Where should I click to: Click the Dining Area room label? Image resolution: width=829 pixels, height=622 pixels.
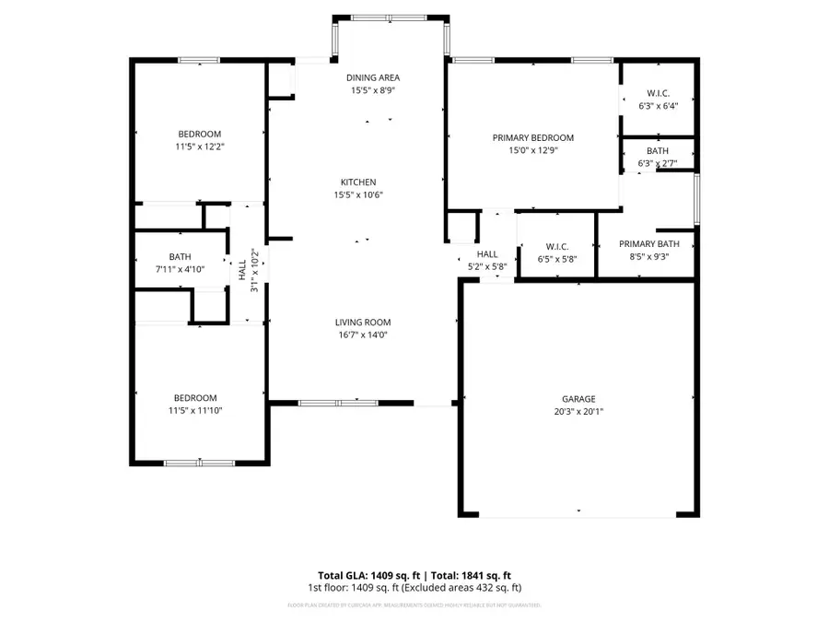coord(373,78)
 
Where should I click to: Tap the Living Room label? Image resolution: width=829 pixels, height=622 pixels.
coord(363,323)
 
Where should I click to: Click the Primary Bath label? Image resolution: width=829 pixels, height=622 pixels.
coord(648,244)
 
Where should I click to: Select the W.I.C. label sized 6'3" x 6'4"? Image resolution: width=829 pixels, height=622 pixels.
coord(658,93)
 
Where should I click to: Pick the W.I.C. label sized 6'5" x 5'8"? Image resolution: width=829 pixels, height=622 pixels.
coord(556,247)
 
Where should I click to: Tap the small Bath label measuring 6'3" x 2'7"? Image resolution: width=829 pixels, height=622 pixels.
coord(658,151)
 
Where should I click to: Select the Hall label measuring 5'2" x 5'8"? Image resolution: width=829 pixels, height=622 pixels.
coord(487,254)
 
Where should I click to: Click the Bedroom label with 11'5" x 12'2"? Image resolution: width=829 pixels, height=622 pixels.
coord(199,135)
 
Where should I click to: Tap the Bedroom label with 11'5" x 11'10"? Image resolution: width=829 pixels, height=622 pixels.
coord(194,398)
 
